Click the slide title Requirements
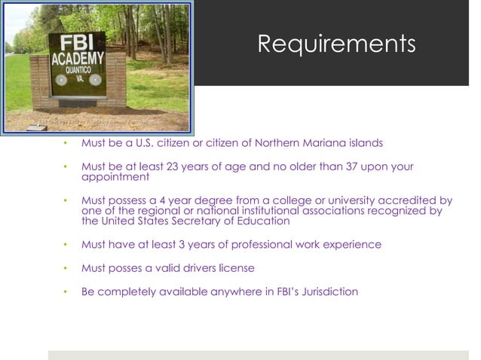pos(336,43)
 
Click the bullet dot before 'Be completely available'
pos(66,291)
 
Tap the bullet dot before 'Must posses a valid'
pos(66,268)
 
